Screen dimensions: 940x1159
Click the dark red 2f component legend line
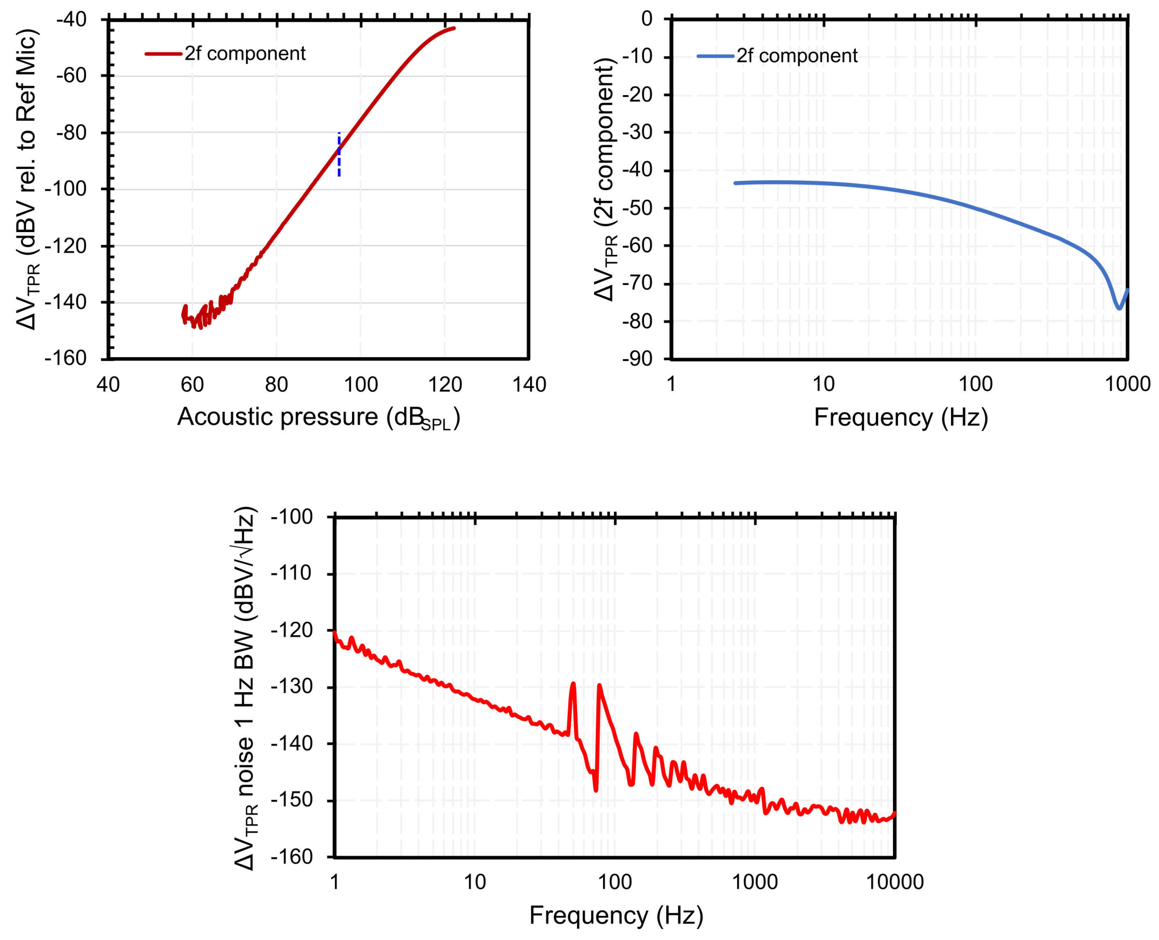163,54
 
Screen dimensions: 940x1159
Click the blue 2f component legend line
715,56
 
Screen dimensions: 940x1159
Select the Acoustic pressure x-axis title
318,418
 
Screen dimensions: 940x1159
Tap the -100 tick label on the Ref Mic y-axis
66,189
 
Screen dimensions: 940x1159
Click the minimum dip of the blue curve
1119,308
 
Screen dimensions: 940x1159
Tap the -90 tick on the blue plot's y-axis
638,359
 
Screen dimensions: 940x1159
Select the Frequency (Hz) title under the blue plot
901,418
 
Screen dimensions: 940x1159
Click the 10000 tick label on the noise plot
895,882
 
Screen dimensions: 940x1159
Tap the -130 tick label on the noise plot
292,687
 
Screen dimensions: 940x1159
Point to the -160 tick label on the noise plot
292,857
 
